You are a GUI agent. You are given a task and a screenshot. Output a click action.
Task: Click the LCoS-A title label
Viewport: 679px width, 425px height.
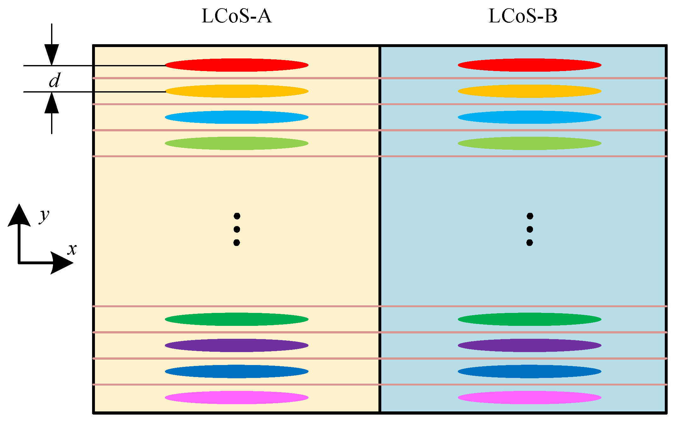point(236,16)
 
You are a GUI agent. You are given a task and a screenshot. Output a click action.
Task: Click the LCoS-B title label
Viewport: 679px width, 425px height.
point(523,16)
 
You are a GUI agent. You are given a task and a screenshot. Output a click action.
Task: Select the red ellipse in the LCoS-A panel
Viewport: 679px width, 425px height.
point(237,65)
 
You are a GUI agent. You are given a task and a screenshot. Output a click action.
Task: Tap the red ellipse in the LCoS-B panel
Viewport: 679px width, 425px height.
point(530,65)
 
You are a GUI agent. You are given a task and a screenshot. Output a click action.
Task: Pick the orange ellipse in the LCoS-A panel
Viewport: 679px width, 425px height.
point(237,91)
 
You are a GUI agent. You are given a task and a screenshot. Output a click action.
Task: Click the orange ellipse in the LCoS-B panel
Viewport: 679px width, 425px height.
point(530,91)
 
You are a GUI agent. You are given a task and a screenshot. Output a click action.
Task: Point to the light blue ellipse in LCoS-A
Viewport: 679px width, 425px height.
point(237,117)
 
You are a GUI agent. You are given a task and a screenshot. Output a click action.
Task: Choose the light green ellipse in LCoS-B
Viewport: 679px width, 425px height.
point(530,143)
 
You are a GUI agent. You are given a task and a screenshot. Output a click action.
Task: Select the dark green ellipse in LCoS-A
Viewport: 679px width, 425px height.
point(237,319)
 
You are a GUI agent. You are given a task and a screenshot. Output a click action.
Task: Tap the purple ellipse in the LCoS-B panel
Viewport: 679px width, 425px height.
point(530,345)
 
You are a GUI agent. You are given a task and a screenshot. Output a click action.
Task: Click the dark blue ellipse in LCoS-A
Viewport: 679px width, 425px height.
point(237,371)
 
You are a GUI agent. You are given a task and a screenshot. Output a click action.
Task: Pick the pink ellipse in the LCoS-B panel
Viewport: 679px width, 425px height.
point(530,398)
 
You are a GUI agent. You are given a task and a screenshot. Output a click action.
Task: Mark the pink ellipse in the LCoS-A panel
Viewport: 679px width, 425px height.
point(237,398)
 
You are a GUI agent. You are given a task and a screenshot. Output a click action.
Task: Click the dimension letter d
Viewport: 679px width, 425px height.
point(54,81)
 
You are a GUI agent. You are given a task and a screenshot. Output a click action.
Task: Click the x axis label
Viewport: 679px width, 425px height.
point(72,249)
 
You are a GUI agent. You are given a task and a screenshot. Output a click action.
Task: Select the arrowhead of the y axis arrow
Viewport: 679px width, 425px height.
point(19,215)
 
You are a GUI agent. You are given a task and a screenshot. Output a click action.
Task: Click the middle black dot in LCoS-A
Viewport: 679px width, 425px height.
point(237,229)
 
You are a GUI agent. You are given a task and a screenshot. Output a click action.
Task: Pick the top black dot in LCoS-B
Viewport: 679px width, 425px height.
point(530,216)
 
